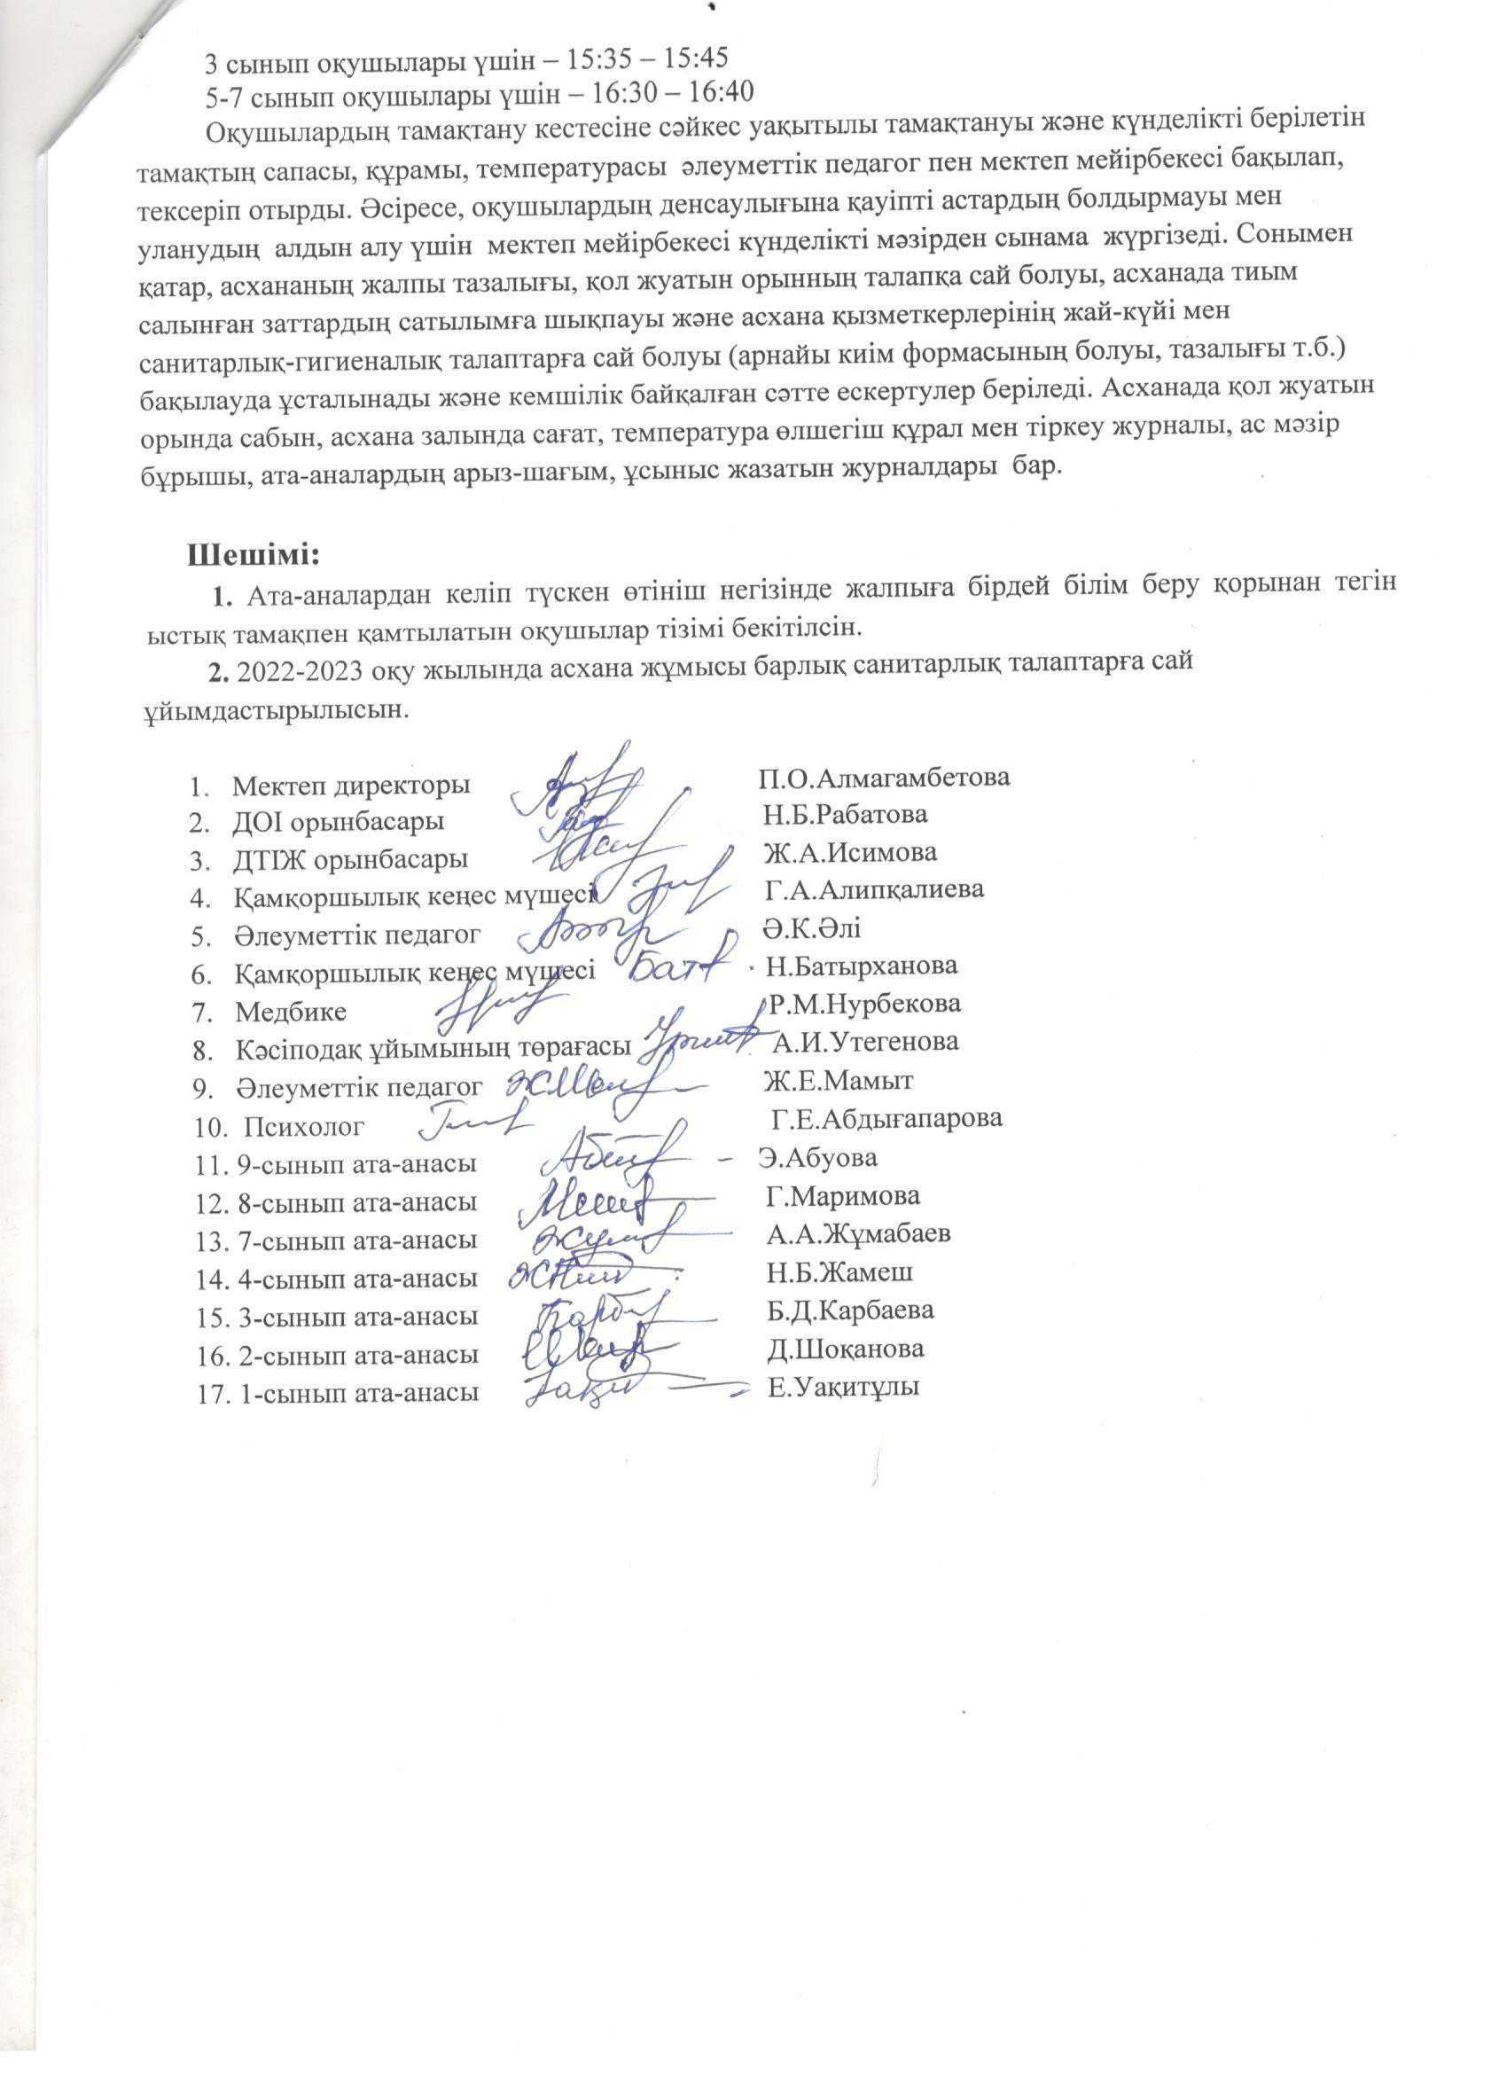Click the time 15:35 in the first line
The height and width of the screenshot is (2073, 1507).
click(x=593, y=59)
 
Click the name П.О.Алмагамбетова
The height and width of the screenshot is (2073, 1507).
click(x=884, y=778)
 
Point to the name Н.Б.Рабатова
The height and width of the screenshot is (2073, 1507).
click(x=846, y=813)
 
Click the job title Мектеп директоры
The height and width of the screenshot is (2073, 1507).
click(x=352, y=786)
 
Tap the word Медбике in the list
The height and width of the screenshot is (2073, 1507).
click(x=291, y=1012)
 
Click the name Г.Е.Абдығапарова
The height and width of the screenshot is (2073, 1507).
click(x=886, y=1118)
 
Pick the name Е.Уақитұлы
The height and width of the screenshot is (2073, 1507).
click(x=844, y=1387)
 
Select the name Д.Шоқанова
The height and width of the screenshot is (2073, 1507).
click(x=846, y=1349)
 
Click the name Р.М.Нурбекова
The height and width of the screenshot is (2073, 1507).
click(x=863, y=1004)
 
